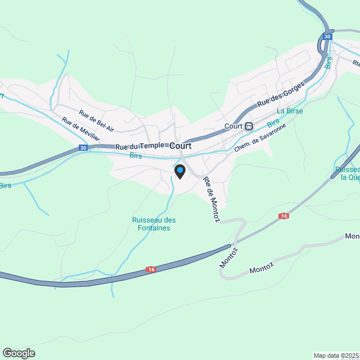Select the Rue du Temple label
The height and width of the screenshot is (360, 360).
click(x=139, y=146)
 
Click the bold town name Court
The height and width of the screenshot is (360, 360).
click(x=181, y=145)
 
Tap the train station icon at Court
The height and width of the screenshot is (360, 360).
click(x=248, y=126)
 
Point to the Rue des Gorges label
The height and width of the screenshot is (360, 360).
click(x=281, y=94)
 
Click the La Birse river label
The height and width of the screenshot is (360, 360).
click(x=290, y=111)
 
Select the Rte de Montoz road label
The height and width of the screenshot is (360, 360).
click(x=211, y=200)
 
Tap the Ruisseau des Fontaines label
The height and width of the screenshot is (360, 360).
click(x=154, y=224)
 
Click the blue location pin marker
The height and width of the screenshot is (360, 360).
click(x=180, y=170)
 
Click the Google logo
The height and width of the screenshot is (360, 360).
click(x=18, y=353)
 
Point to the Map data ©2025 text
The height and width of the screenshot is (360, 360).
click(x=336, y=355)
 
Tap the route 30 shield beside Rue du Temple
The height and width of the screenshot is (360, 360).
click(x=83, y=148)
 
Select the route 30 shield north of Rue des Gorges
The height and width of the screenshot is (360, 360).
click(x=327, y=37)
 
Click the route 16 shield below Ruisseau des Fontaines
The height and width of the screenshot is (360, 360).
click(x=151, y=270)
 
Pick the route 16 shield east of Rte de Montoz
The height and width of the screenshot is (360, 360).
click(x=283, y=216)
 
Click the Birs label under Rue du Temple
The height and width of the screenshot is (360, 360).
click(x=136, y=155)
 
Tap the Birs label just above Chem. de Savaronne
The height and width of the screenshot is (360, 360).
click(x=273, y=123)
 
